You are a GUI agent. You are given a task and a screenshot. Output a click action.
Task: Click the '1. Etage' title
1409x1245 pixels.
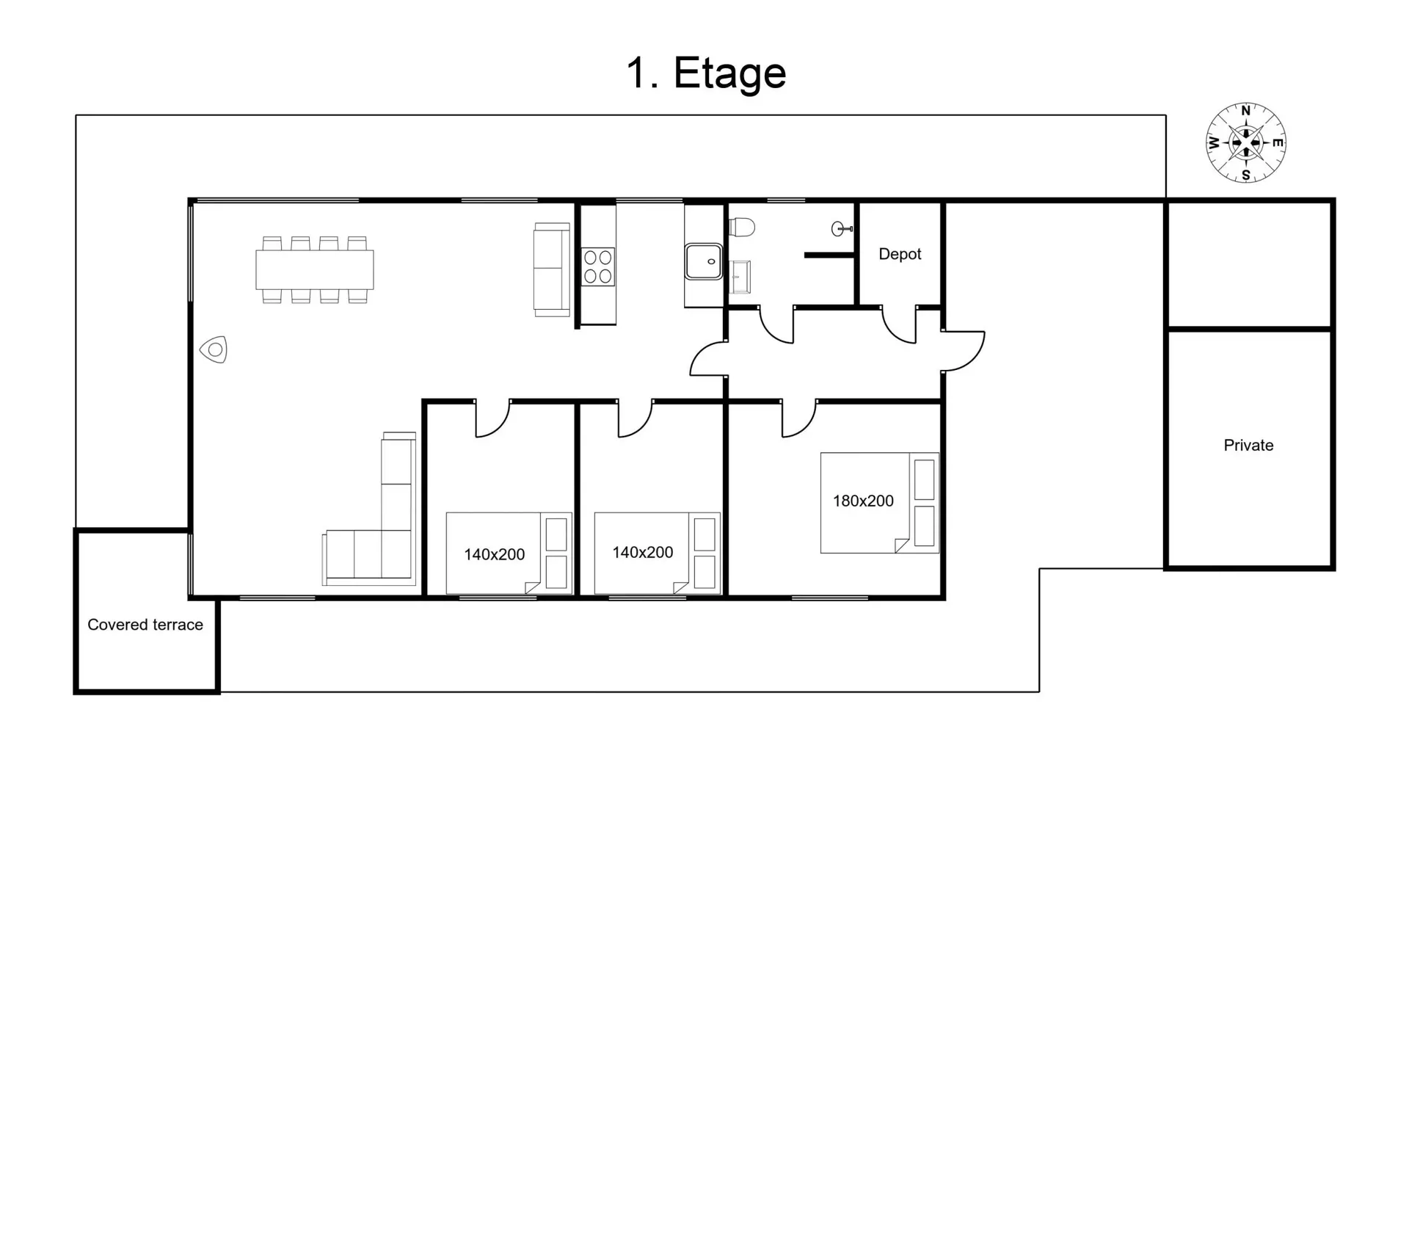click(705, 74)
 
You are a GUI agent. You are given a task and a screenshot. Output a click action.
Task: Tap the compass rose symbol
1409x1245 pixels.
click(1245, 142)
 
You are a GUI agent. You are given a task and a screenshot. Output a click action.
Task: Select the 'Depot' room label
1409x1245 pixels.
click(900, 254)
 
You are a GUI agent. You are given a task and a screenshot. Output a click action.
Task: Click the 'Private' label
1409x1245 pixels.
click(1248, 445)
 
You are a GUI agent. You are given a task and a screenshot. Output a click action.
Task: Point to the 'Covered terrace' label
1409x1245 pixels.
click(145, 625)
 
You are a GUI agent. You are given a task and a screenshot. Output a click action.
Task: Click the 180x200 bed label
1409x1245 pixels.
click(863, 501)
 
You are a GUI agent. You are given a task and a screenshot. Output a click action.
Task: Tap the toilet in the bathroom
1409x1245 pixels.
click(741, 228)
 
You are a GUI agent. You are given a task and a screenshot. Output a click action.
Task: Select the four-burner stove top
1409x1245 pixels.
click(598, 266)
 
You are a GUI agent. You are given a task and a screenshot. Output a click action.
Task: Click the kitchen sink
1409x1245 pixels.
click(704, 262)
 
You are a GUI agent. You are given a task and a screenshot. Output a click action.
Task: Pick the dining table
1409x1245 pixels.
click(315, 269)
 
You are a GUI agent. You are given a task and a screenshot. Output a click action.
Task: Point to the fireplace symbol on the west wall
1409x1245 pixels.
click(214, 350)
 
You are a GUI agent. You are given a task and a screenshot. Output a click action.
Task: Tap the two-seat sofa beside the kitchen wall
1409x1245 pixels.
click(552, 269)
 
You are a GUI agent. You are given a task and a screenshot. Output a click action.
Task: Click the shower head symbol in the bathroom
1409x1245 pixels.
click(841, 229)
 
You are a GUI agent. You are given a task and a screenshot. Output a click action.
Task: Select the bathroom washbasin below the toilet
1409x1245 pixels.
click(740, 277)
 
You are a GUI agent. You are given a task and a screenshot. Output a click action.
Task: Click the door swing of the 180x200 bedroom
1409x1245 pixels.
click(798, 419)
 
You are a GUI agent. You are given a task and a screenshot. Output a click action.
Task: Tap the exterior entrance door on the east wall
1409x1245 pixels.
click(963, 352)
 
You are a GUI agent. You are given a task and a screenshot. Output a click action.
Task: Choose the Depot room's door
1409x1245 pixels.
click(899, 325)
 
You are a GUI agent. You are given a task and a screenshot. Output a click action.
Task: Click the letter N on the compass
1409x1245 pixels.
click(1245, 111)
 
